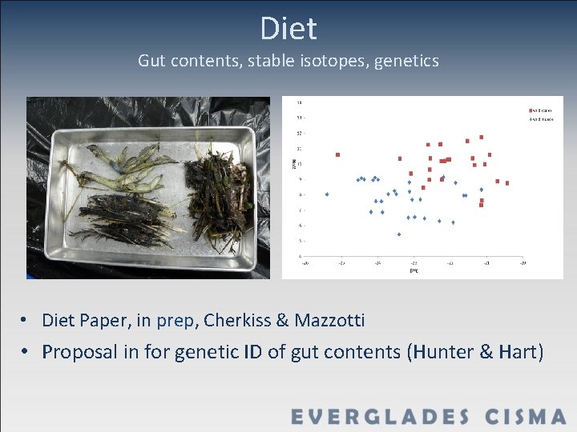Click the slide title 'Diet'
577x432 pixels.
pyautogui.click(x=288, y=30)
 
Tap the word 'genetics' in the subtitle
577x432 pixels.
pyautogui.click(x=405, y=61)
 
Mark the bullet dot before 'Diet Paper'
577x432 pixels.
pyautogui.click(x=26, y=320)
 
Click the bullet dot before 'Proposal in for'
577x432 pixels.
pyautogui.click(x=26, y=351)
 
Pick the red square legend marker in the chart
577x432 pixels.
pyautogui.click(x=530, y=110)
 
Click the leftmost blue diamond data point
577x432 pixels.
pyautogui.click(x=327, y=194)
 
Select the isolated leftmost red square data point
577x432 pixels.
pyautogui.click(x=337, y=154)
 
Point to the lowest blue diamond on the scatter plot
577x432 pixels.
pyautogui.click(x=399, y=234)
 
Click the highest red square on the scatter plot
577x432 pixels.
pyautogui.click(x=481, y=137)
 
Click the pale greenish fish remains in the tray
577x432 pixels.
pyautogui.click(x=128, y=172)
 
